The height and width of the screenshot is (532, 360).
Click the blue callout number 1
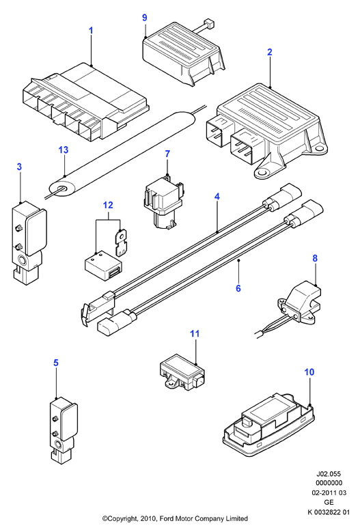91,31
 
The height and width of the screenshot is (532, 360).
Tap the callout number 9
145,18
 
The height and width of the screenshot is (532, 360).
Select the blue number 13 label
63,150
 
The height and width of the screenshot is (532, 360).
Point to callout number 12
108,205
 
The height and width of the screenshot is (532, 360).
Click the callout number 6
238,288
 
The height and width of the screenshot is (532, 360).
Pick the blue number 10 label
309,372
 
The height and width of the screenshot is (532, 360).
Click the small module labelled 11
182,372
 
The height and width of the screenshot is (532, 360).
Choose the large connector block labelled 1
86,101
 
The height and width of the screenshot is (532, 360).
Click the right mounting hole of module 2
319,148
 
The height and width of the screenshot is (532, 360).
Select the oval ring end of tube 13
61,188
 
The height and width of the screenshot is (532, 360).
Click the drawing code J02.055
329,474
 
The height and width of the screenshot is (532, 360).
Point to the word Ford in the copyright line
166,518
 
